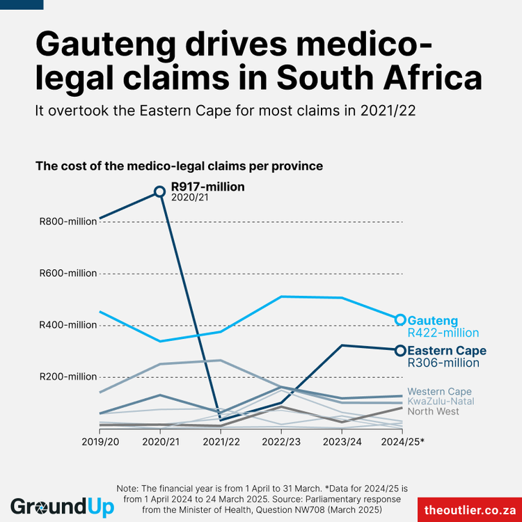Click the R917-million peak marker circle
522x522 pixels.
coord(159,191)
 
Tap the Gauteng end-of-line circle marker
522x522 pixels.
coord(400,320)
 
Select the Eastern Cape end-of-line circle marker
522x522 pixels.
coord(400,351)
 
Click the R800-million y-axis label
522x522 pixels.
coord(68,222)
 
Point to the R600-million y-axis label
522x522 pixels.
coord(68,274)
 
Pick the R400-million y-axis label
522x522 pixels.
coord(68,325)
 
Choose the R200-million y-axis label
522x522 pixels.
coord(68,377)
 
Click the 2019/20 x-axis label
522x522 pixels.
coord(100,441)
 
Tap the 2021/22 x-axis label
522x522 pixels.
coord(221,441)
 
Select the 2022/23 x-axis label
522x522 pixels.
coord(281,441)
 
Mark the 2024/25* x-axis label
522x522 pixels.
coord(403,441)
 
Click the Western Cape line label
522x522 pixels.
coord(439,392)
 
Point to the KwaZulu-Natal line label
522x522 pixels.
coord(441,402)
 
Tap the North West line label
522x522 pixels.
coord(433,411)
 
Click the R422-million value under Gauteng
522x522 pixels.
coord(443,333)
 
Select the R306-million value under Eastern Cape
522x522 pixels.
coord(443,363)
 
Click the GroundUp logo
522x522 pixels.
coord(62,506)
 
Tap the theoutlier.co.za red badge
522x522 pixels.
coord(470,509)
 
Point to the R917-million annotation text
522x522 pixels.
coord(207,187)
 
